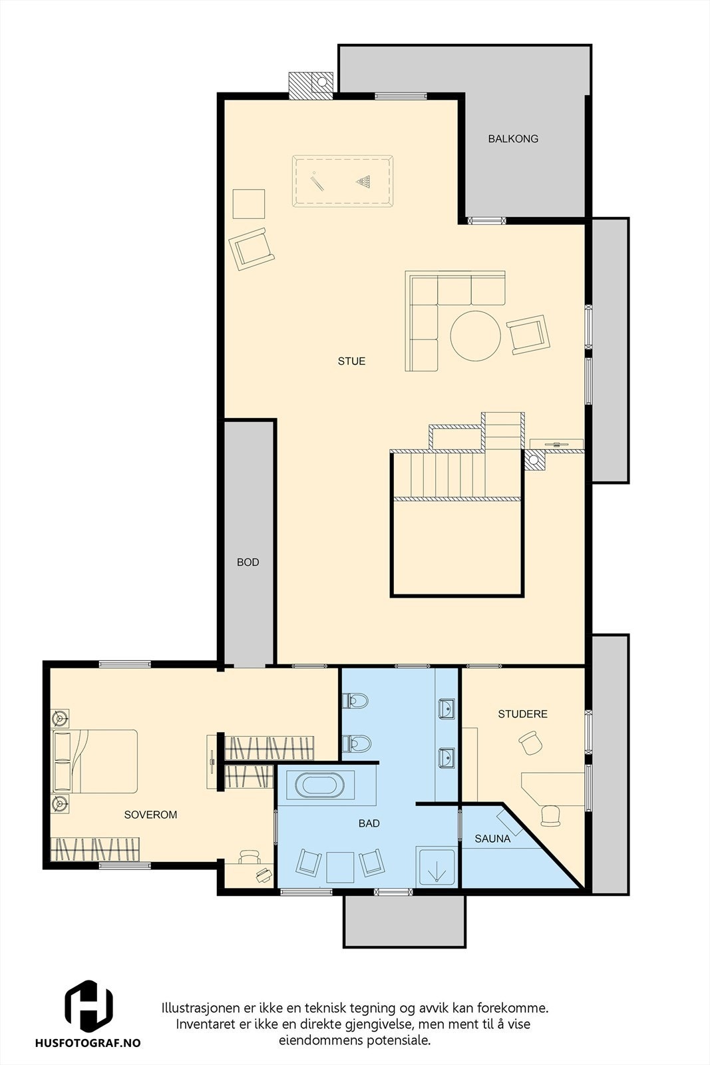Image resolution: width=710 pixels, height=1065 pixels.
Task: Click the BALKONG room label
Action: pyautogui.click(x=512, y=139)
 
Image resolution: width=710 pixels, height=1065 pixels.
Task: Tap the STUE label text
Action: pyautogui.click(x=351, y=361)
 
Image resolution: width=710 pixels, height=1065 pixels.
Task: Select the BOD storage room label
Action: pyautogui.click(x=248, y=562)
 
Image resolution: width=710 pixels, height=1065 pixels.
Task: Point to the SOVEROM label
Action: pyautogui.click(x=151, y=815)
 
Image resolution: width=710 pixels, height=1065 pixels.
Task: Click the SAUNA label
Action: pyautogui.click(x=492, y=839)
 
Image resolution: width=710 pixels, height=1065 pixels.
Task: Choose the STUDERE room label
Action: pyautogui.click(x=522, y=714)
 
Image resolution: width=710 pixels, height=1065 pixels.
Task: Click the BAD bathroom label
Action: pyautogui.click(x=369, y=823)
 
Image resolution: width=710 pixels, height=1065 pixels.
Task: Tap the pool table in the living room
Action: pyautogui.click(x=342, y=182)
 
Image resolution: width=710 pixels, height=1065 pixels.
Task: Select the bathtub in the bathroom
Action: pyautogui.click(x=321, y=786)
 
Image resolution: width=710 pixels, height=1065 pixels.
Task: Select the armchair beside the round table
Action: pyautogui.click(x=530, y=334)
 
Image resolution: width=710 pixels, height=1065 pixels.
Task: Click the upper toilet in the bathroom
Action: pyautogui.click(x=356, y=701)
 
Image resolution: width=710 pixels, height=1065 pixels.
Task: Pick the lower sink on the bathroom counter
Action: pyautogui.click(x=447, y=757)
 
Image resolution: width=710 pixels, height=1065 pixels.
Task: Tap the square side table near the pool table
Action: pyautogui.click(x=249, y=204)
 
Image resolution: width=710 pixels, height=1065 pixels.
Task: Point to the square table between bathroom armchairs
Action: pyautogui.click(x=340, y=867)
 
